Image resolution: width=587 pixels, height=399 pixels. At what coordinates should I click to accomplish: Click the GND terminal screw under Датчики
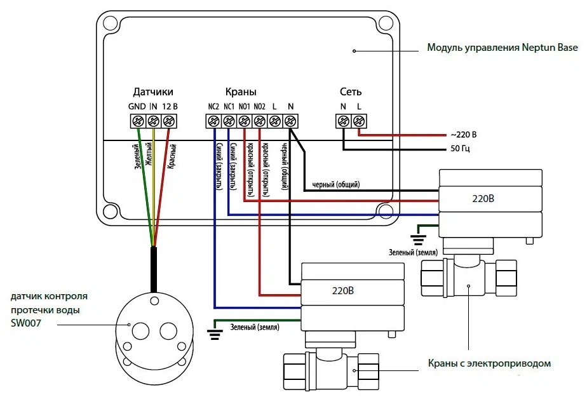138,121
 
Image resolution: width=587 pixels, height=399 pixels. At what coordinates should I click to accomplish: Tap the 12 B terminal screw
169,121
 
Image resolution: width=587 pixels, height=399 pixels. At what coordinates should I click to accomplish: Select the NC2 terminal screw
213,121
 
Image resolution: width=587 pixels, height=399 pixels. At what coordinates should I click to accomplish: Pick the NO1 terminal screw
244,121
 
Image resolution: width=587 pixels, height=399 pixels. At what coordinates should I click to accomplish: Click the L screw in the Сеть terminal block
359,121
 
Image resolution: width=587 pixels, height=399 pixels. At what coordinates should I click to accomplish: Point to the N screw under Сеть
343,121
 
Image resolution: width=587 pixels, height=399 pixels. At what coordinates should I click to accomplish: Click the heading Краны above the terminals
241,91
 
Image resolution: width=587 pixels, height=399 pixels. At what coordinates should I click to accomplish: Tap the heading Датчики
153,92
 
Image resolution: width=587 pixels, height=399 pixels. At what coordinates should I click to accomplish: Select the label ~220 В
464,135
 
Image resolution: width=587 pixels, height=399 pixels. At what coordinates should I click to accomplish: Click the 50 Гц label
460,149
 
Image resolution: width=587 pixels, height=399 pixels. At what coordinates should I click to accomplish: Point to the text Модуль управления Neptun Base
503,48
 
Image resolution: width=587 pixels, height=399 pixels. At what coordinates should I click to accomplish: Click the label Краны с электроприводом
489,363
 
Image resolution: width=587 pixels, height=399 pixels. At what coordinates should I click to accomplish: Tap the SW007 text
26,323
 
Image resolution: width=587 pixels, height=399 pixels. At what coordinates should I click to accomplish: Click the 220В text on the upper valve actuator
483,198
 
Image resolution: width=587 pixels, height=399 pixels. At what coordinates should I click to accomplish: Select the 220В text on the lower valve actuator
342,291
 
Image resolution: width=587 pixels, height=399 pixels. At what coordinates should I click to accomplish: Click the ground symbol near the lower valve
215,334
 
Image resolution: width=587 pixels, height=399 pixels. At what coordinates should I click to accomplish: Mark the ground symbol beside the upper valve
418,240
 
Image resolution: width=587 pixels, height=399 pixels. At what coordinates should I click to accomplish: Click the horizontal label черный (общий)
336,184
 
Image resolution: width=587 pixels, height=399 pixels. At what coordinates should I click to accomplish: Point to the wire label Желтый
149,154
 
